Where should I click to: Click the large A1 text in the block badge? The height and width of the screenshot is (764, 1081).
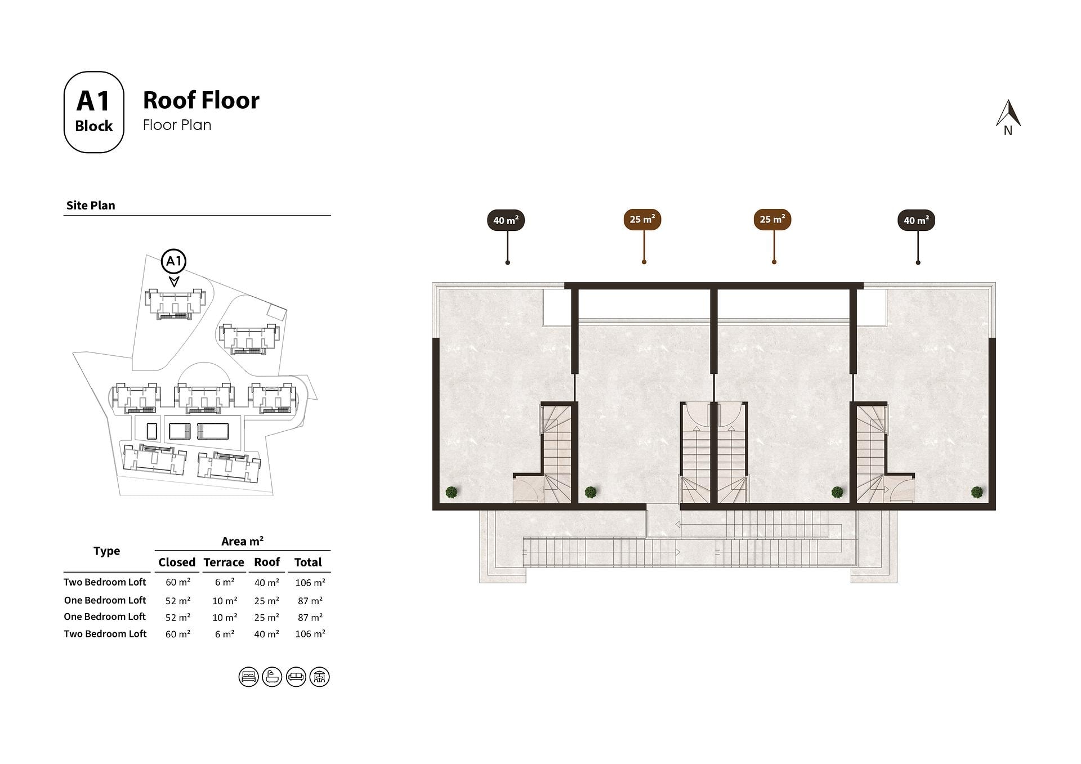point(93,101)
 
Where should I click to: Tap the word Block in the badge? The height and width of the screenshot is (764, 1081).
point(93,126)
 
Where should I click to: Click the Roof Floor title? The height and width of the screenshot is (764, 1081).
point(201,100)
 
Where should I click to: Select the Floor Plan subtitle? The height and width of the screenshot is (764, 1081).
point(177,125)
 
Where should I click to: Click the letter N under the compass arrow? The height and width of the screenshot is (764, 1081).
point(1008,131)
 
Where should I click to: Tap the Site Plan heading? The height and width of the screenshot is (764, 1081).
point(91,205)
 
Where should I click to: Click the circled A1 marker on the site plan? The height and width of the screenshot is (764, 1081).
point(173,261)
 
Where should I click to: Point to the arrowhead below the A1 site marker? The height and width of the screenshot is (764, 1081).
point(174,281)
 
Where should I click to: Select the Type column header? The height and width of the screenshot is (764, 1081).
point(107,551)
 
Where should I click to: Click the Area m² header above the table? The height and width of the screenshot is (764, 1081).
point(242,542)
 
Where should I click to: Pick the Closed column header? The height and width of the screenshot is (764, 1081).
point(177,562)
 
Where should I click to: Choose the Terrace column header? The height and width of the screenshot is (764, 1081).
point(224,562)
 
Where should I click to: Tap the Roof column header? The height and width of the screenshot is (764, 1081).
point(267,562)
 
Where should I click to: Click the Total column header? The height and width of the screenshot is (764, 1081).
point(308,562)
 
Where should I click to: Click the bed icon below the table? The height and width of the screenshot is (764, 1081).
point(248,677)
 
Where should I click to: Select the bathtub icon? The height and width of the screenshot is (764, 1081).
point(272,677)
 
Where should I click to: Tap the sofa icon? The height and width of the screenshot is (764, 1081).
point(296,677)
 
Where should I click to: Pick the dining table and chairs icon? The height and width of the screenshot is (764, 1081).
point(320,677)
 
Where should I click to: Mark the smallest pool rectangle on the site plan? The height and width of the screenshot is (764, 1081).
point(152,431)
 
